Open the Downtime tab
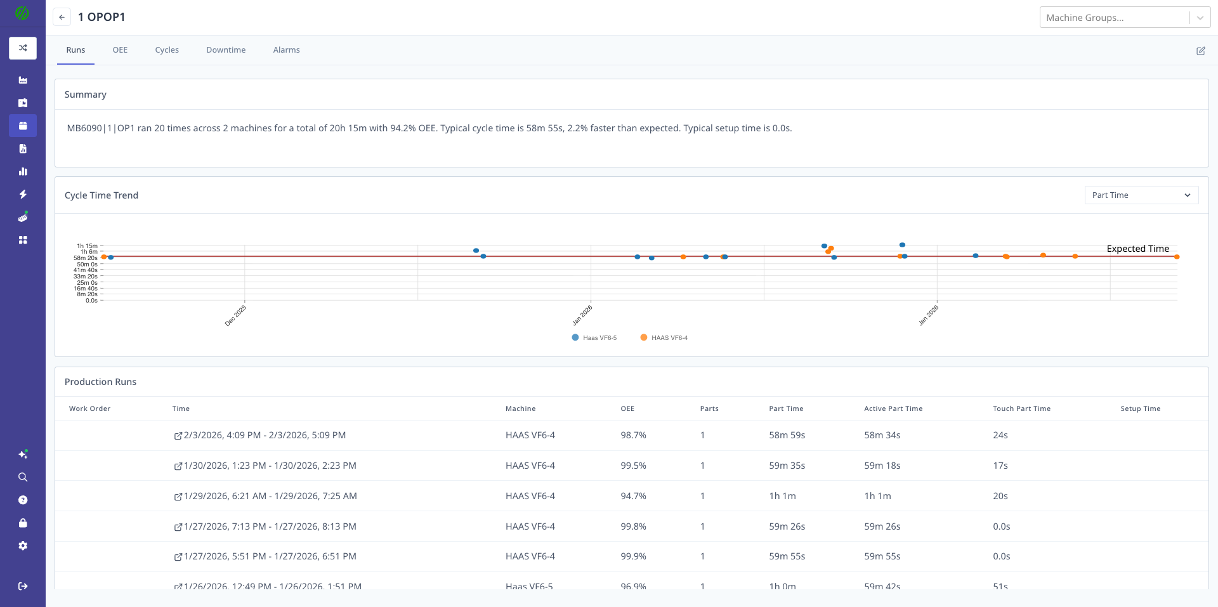pos(225,50)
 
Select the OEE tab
pos(120,50)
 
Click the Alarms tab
pos(286,50)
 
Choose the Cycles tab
pos(167,50)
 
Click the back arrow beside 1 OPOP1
pos(62,17)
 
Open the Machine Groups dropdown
pos(1124,18)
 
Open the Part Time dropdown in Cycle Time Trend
pos(1141,195)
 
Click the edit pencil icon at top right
pos(1200,51)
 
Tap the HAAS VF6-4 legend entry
pos(664,337)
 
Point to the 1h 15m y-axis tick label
pos(88,246)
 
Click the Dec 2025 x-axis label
pos(235,315)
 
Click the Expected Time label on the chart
pos(1137,249)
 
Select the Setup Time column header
pos(1140,408)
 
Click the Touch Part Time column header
pos(1021,408)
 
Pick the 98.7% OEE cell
pos(633,435)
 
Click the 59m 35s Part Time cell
pos(787,466)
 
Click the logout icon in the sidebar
pos(23,586)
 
